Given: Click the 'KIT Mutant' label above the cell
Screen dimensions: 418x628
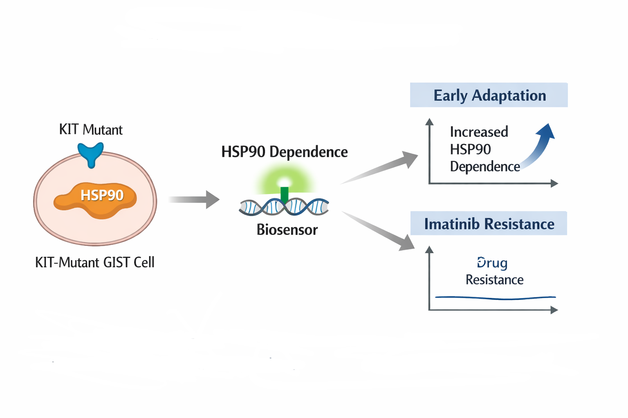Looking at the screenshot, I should tap(91, 130).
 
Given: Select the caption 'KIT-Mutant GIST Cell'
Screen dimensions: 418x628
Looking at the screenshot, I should tap(95, 262).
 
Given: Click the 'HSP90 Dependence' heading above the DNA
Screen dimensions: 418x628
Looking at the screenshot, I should tap(284, 152).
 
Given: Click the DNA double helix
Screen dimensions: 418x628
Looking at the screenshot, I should tap(284, 207).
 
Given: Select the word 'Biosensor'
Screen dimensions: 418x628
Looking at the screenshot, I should tap(287, 230).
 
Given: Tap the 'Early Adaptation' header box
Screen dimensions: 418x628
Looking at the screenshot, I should tap(489, 95).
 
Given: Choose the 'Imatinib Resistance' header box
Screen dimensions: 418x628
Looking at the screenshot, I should tap(489, 224).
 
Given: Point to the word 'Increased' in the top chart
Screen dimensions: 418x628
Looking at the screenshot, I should tap(479, 132).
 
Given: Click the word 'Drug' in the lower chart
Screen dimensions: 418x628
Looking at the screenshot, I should tap(492, 262).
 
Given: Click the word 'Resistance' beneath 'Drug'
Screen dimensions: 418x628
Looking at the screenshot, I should tap(494, 280).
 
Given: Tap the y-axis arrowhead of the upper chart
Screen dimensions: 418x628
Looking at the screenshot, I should tap(429, 122).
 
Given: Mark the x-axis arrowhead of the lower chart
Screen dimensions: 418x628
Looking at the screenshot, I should tap(554, 310).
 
